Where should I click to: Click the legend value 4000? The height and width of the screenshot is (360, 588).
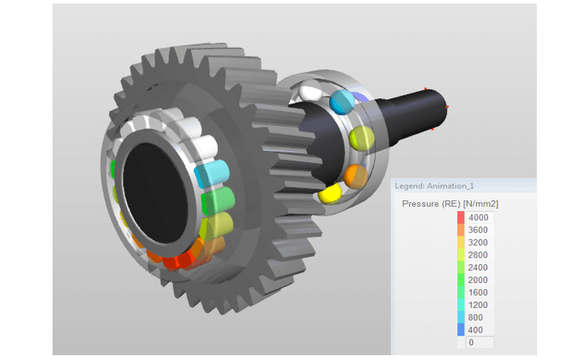tap(478, 217)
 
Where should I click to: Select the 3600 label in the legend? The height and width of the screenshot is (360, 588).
tap(478, 230)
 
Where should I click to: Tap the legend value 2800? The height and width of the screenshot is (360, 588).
tap(478, 255)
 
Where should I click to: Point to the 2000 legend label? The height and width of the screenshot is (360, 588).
tap(478, 280)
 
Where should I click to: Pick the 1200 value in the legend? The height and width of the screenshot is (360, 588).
tap(478, 305)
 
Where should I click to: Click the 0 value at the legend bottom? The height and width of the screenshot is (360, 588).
tap(471, 343)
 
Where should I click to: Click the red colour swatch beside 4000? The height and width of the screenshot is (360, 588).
tap(461, 217)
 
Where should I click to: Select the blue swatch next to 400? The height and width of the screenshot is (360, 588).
tap(461, 330)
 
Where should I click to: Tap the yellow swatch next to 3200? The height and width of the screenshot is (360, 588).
tap(461, 242)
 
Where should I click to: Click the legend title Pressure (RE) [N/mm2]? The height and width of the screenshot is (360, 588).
tap(450, 204)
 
